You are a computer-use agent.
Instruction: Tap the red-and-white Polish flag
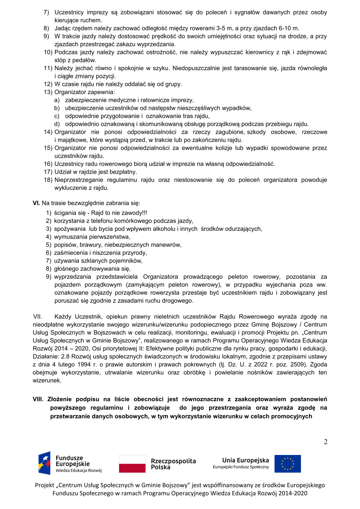click(x=132, y=464)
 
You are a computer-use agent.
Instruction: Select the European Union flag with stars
click(x=288, y=464)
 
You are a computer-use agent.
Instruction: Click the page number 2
click(x=326, y=442)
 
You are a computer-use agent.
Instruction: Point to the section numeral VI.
click(x=36, y=203)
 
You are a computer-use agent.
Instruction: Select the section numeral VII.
click(x=38, y=316)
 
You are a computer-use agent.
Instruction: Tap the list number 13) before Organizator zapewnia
click(x=48, y=92)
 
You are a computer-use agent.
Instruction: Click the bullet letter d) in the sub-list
click(x=57, y=124)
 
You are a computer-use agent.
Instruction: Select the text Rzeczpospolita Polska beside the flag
click(x=173, y=464)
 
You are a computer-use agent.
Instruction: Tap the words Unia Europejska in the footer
click(x=245, y=460)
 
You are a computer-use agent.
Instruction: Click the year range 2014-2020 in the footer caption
click(x=293, y=493)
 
